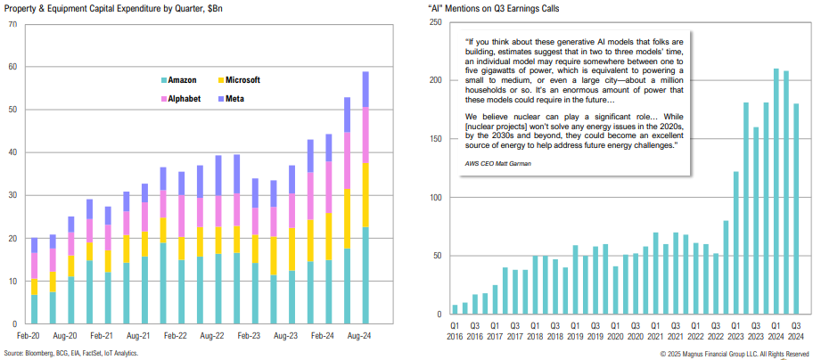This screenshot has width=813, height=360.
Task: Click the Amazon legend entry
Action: coord(181,81)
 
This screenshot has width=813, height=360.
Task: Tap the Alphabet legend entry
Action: coord(183,98)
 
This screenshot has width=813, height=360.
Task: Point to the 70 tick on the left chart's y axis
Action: coord(12,24)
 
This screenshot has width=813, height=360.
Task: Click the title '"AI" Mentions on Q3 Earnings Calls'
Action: coord(505,8)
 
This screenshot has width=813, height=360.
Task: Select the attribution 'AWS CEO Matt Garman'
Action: coord(497,165)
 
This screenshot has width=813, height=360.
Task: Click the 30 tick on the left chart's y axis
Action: coord(12,196)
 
